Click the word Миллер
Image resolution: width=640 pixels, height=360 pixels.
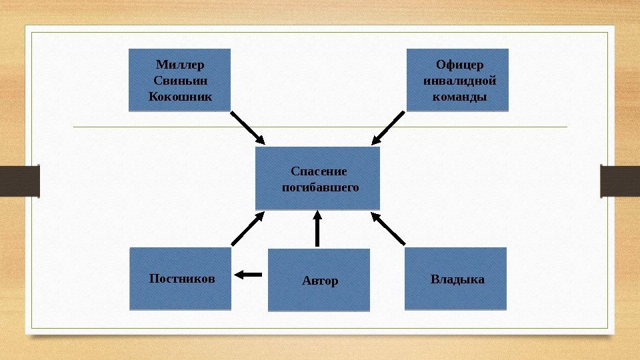(x=180, y=65)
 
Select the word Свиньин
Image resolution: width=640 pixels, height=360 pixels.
(x=180, y=81)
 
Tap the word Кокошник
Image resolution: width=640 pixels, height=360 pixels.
(x=180, y=97)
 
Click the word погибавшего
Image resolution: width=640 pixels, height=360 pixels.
(x=320, y=187)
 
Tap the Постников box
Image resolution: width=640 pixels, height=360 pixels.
(x=180, y=279)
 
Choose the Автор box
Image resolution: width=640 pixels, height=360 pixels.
(x=319, y=280)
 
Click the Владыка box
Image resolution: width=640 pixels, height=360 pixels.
(x=456, y=279)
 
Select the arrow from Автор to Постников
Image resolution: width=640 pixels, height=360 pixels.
(x=249, y=273)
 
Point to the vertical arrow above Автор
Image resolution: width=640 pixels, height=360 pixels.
(x=317, y=229)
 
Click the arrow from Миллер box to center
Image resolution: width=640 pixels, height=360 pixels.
(x=248, y=127)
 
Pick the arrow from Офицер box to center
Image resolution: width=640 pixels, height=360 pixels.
(x=388, y=127)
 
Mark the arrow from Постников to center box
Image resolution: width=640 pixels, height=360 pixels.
(x=248, y=228)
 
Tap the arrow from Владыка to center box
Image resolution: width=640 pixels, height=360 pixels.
(x=388, y=228)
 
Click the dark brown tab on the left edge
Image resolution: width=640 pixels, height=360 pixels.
(x=19, y=181)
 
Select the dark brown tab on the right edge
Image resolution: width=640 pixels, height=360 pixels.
(x=620, y=181)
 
